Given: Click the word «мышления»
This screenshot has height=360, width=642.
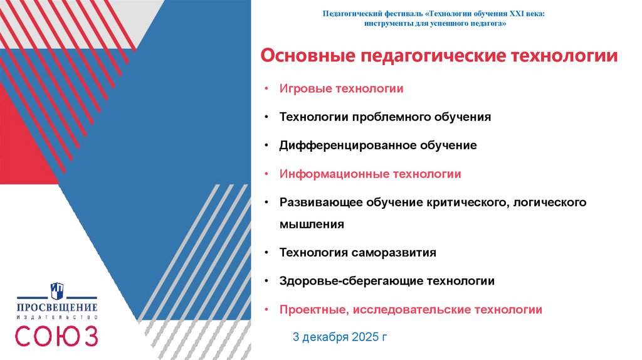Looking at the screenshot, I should pyautogui.click(x=312, y=223).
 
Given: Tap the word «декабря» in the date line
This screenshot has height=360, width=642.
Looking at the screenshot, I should pyautogui.click(x=325, y=337).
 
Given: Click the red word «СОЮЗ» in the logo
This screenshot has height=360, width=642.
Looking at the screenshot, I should pyautogui.click(x=56, y=336).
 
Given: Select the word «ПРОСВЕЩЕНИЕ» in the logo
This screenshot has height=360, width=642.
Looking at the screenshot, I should pyautogui.click(x=57, y=308).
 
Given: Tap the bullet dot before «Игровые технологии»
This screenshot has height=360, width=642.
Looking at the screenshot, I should pyautogui.click(x=266, y=88).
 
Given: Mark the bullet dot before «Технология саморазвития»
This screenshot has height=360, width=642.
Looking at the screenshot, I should pyautogui.click(x=266, y=253).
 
